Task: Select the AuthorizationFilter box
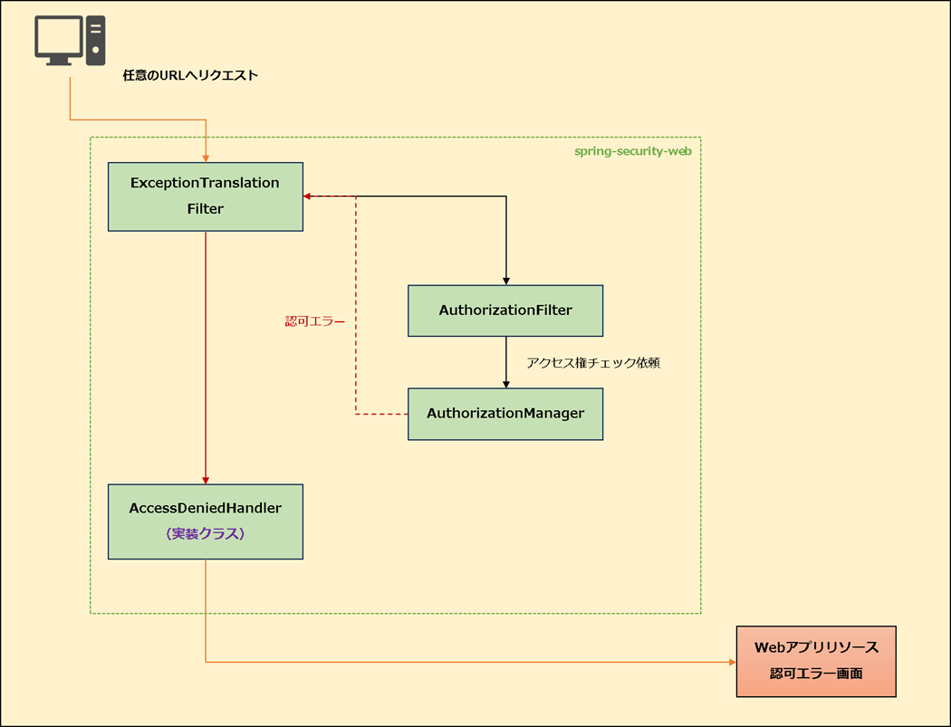coord(505,311)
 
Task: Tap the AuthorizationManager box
coord(505,414)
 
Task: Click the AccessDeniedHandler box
coord(205,521)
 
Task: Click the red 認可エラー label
coord(315,321)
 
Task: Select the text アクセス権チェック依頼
coord(592,363)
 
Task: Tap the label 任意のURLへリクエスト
coord(190,76)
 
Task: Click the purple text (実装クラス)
coord(206,534)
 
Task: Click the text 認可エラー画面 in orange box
coord(815,674)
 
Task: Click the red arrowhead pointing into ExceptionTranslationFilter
coord(308,196)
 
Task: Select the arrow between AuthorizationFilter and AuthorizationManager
coord(505,362)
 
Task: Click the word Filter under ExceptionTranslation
coord(205,208)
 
